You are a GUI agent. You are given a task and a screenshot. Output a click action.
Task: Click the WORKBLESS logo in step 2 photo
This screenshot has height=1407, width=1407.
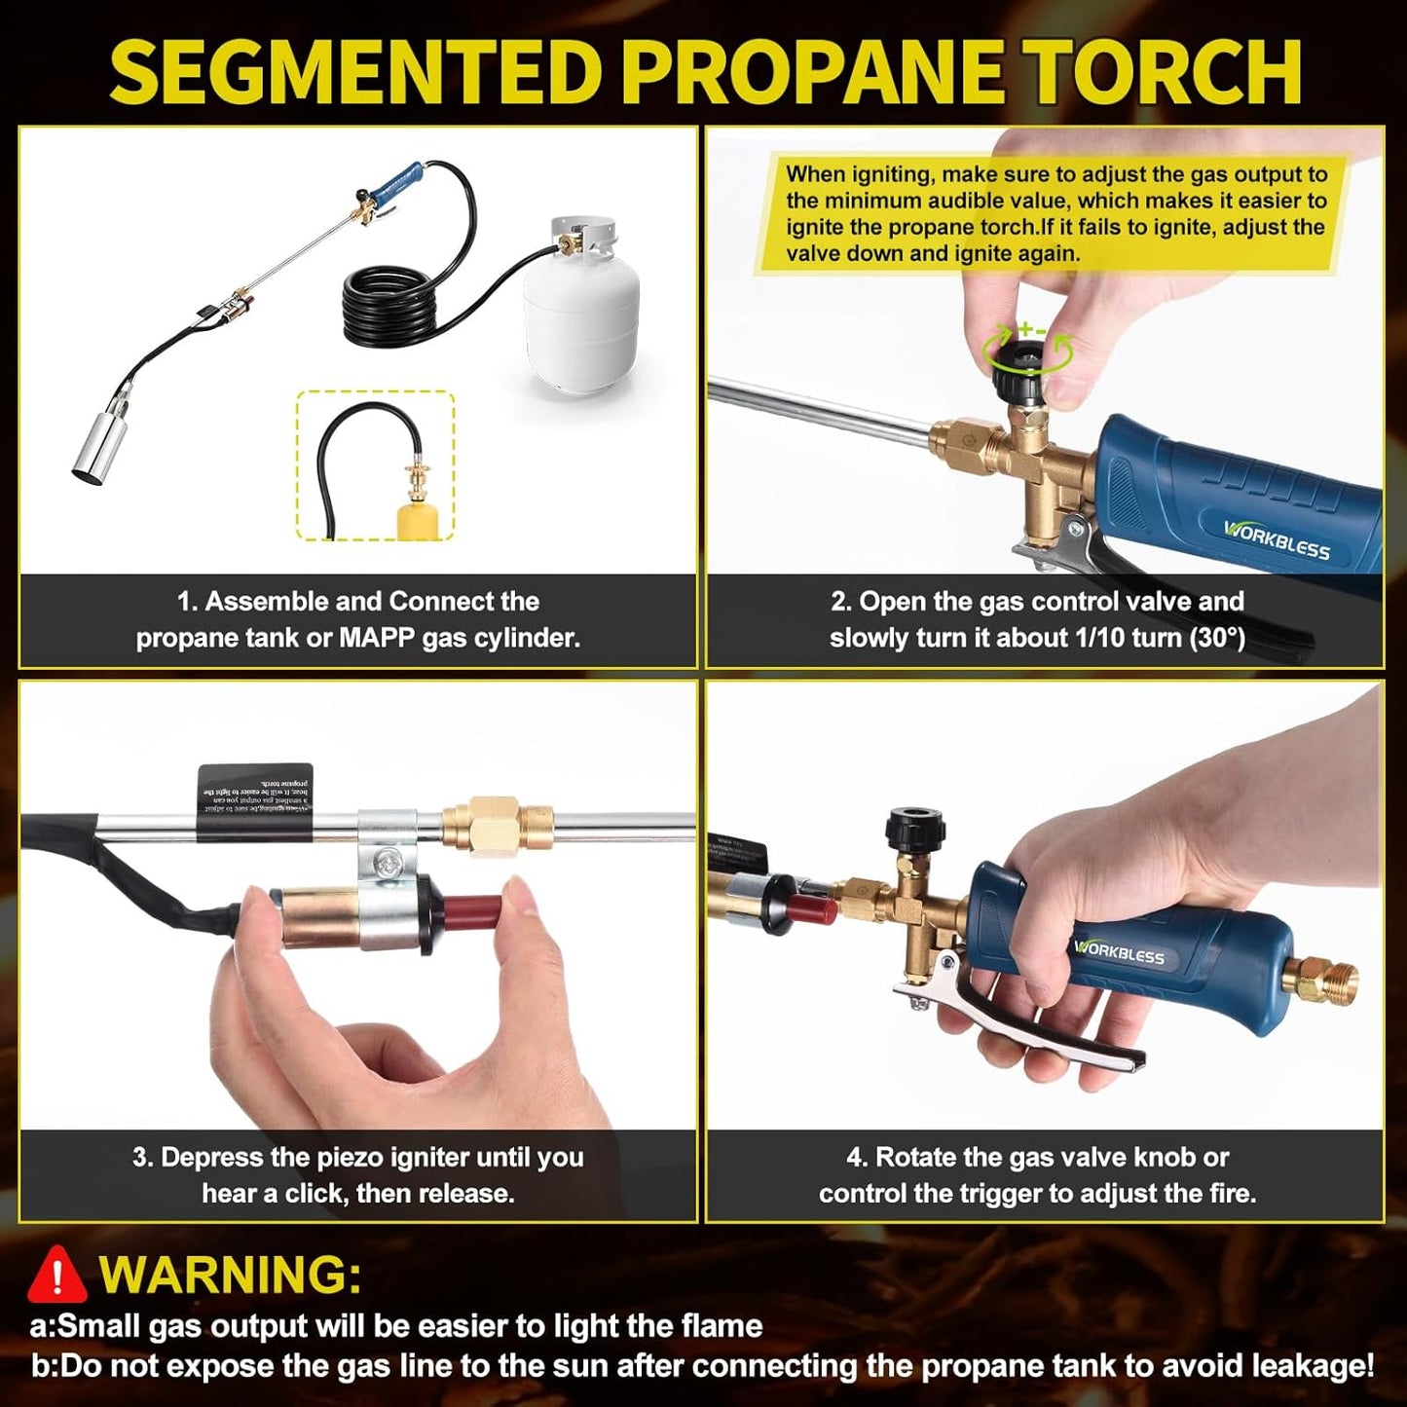1277,539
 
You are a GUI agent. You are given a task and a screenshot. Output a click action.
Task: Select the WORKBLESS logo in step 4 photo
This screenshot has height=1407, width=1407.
1120,951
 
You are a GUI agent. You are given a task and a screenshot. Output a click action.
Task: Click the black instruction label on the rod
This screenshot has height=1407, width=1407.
255,800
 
